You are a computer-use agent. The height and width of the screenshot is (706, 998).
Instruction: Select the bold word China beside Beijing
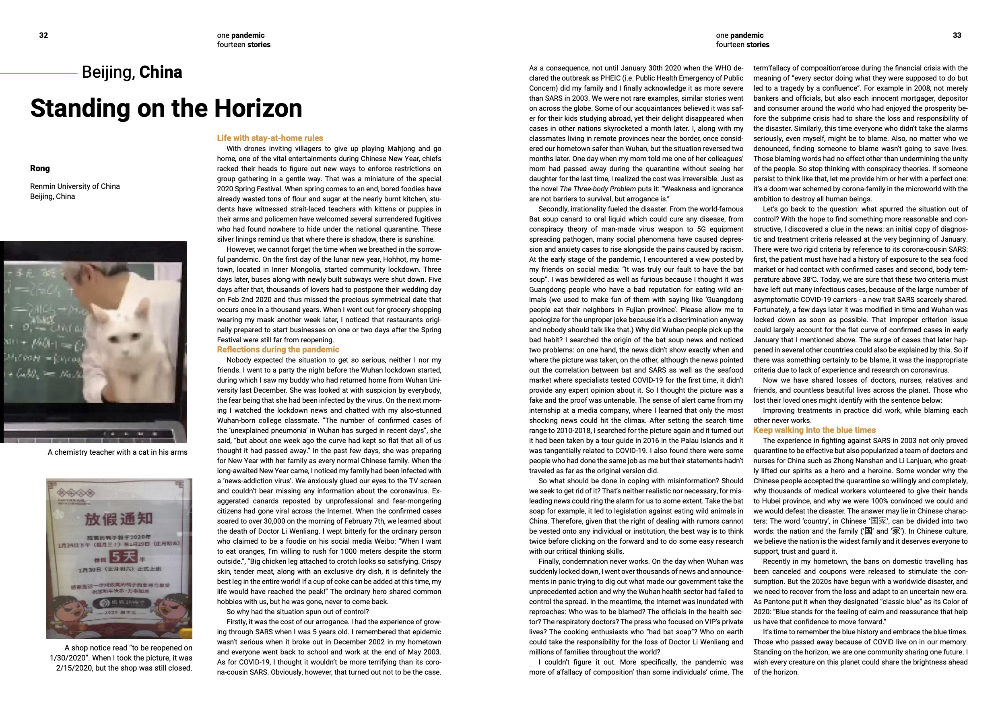tap(161, 72)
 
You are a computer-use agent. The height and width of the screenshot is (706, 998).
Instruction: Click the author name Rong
tap(40, 169)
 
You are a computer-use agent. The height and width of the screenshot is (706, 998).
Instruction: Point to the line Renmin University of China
tap(75, 186)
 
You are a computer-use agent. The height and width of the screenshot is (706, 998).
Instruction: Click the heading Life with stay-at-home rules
tap(270, 138)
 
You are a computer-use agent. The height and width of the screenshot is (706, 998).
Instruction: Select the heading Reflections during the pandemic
tap(278, 350)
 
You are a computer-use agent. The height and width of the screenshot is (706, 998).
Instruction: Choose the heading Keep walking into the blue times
tap(814, 430)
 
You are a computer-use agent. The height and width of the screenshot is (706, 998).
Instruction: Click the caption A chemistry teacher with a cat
tap(118, 452)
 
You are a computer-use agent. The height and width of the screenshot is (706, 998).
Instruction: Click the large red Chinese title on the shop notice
tap(118, 519)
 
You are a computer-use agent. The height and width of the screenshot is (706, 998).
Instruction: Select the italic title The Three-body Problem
tap(598, 189)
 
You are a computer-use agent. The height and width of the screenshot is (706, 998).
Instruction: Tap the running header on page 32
tap(243, 40)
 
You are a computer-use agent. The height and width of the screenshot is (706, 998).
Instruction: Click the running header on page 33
tap(742, 40)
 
